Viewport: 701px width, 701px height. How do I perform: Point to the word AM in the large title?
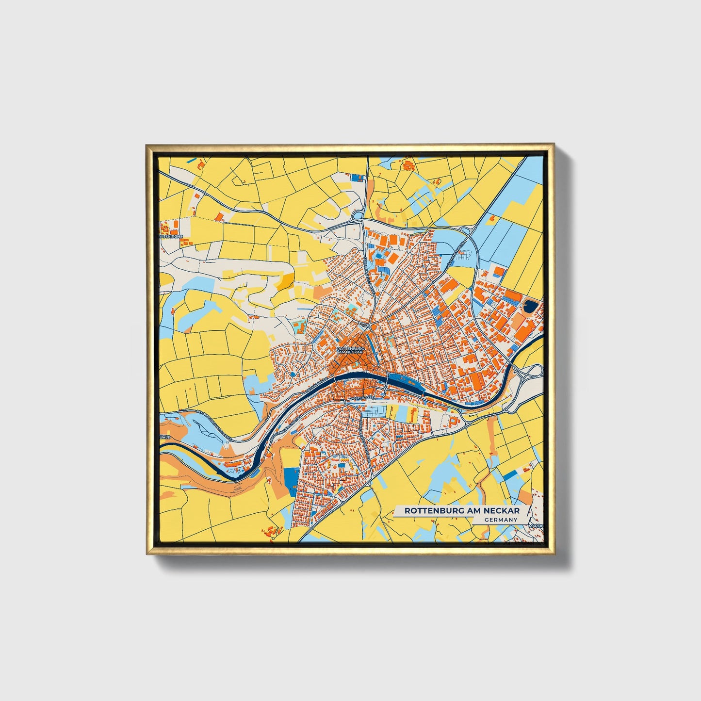click(x=469, y=511)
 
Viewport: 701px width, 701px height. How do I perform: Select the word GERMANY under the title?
click(x=500, y=520)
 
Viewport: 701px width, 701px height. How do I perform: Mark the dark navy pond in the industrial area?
click(x=531, y=306)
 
